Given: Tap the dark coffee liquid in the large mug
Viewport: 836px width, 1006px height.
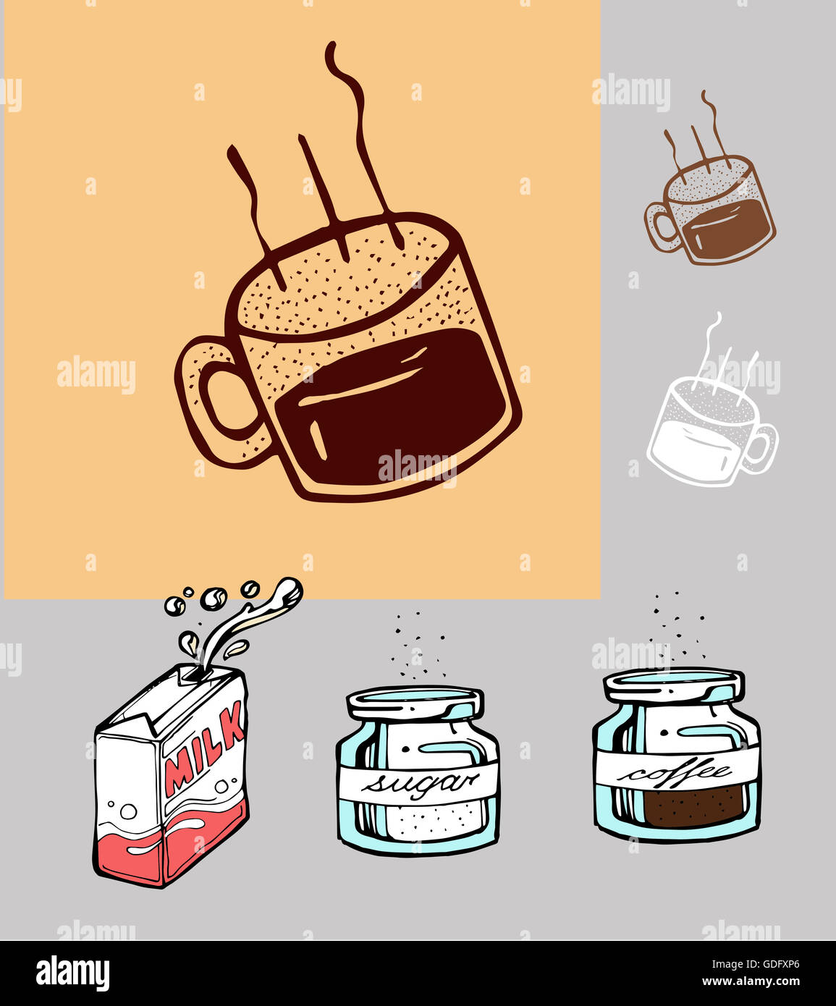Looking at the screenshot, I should click(x=391, y=413).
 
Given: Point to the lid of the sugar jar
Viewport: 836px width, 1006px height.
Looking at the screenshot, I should click(x=415, y=701).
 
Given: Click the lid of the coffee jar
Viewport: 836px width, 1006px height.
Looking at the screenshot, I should click(x=674, y=684).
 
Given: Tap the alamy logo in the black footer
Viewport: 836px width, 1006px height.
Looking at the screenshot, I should click(x=72, y=973).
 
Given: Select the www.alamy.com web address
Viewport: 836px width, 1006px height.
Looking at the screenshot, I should click(x=753, y=982).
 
